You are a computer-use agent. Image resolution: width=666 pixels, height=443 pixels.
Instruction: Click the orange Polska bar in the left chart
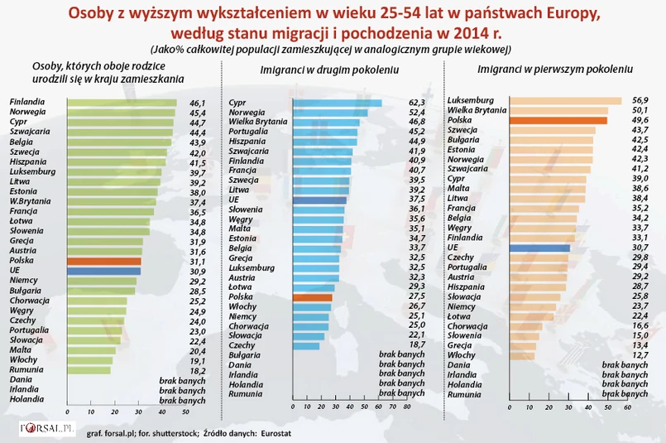(103, 261)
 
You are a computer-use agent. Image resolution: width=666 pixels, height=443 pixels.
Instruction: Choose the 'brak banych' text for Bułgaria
(401, 354)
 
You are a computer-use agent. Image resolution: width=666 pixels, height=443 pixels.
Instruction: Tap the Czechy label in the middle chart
(242, 344)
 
